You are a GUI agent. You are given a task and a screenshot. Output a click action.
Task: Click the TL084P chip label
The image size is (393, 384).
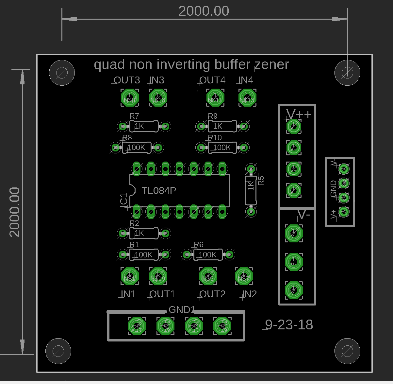[x=159, y=191]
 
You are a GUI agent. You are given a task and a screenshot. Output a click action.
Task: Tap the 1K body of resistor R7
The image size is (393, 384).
[x=144, y=126]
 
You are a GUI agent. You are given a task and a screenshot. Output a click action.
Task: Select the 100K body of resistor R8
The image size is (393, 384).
[x=137, y=148]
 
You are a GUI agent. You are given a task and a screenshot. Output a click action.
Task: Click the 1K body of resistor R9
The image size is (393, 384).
[x=222, y=126]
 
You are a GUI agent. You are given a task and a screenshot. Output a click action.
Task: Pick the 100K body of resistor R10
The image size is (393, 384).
[x=222, y=148]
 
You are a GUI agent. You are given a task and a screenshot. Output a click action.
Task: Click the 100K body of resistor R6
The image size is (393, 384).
[x=208, y=254]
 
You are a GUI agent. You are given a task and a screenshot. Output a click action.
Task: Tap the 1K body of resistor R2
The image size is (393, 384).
[x=144, y=233]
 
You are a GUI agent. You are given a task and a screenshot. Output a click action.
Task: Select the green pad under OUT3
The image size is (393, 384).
[x=130, y=98]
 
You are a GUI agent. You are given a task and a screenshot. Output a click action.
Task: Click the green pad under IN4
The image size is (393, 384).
[x=247, y=98]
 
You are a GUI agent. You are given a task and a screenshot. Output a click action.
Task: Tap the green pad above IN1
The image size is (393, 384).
[x=130, y=276]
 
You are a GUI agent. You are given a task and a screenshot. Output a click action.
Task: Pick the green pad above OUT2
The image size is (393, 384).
[x=208, y=276]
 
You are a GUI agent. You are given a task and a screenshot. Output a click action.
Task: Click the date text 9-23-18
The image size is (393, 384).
[x=289, y=325]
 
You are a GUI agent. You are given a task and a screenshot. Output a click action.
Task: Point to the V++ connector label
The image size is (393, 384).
[x=299, y=114]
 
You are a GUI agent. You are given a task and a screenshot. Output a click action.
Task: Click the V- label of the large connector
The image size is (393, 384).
[x=304, y=215]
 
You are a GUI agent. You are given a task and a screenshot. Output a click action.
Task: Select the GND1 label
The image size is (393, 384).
[x=182, y=309]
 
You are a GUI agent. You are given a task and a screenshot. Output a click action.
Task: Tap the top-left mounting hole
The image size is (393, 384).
[x=62, y=73]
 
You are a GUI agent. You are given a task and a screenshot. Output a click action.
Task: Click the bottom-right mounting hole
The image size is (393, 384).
[x=347, y=351]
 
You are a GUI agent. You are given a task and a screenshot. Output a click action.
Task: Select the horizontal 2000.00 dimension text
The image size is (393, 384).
[x=204, y=11]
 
